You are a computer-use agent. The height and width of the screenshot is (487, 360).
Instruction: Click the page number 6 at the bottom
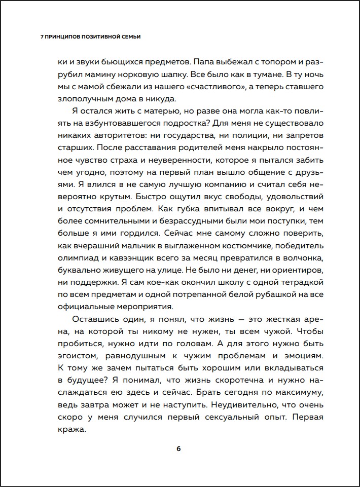(178, 448)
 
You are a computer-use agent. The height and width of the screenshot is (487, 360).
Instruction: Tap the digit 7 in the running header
(42, 37)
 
